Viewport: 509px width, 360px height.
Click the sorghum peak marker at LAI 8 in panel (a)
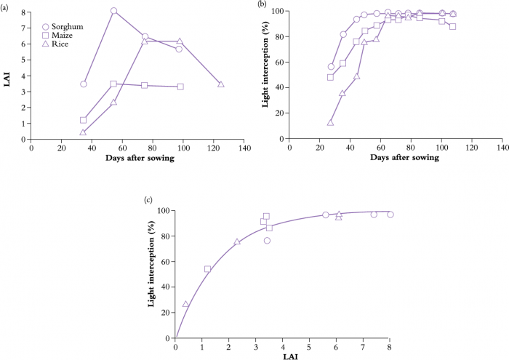click(x=113, y=11)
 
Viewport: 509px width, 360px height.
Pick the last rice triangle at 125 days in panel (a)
click(x=221, y=84)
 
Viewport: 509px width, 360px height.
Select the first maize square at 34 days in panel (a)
click(x=83, y=120)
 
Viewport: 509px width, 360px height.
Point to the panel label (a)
click(x=6, y=6)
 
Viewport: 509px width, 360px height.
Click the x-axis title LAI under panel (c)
click(x=282, y=357)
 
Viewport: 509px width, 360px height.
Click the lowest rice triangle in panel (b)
click(x=330, y=122)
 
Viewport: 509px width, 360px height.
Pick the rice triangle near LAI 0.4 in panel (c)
click(x=185, y=304)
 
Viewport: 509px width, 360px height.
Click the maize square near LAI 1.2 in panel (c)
click(x=208, y=269)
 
